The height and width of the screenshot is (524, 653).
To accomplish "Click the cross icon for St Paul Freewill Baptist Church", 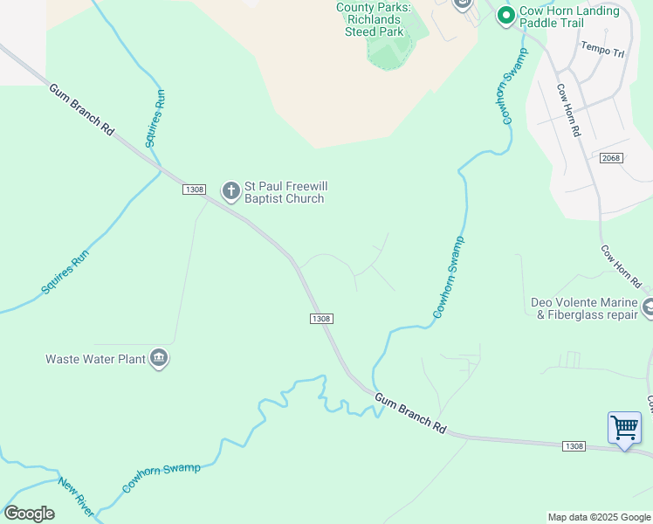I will (x=231, y=191).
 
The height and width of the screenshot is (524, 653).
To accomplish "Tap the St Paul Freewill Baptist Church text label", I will (x=284, y=192).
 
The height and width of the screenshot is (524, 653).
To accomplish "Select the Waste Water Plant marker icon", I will (x=159, y=358).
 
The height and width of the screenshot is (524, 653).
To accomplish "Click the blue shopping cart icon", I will (x=624, y=428).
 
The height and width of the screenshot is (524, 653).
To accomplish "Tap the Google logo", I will (x=29, y=514).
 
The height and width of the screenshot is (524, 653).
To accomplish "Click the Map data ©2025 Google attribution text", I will (x=599, y=517).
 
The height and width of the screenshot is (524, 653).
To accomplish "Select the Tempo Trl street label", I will (x=602, y=50).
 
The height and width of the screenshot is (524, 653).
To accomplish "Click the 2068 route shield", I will (x=611, y=157).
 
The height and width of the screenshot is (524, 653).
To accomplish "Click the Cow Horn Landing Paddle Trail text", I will (x=569, y=17).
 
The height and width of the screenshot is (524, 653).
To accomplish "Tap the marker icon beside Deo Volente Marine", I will (x=648, y=307).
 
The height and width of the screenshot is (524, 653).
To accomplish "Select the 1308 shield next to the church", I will (x=194, y=190).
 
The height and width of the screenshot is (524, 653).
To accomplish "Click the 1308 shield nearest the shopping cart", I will (x=574, y=446).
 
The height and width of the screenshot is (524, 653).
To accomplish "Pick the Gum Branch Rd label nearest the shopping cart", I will (x=411, y=414).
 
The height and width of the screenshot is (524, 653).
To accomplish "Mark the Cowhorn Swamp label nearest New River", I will (x=162, y=479).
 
